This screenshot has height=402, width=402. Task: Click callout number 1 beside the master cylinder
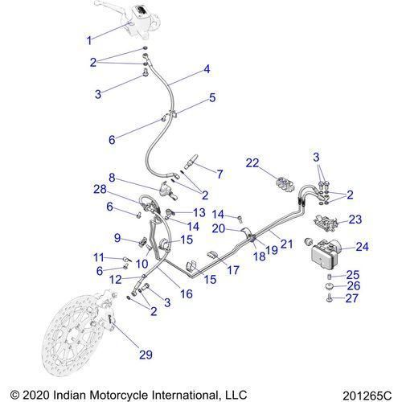coord(89,39)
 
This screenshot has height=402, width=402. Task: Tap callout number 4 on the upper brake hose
coord(207,70)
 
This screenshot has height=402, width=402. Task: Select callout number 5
coord(212,98)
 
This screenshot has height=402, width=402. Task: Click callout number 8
coord(113,177)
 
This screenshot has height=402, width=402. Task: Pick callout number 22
coord(253,163)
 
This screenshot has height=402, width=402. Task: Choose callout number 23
coord(355,219)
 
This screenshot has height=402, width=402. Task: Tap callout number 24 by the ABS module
coord(362,247)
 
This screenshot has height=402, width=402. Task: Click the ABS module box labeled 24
coord(325,255)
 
